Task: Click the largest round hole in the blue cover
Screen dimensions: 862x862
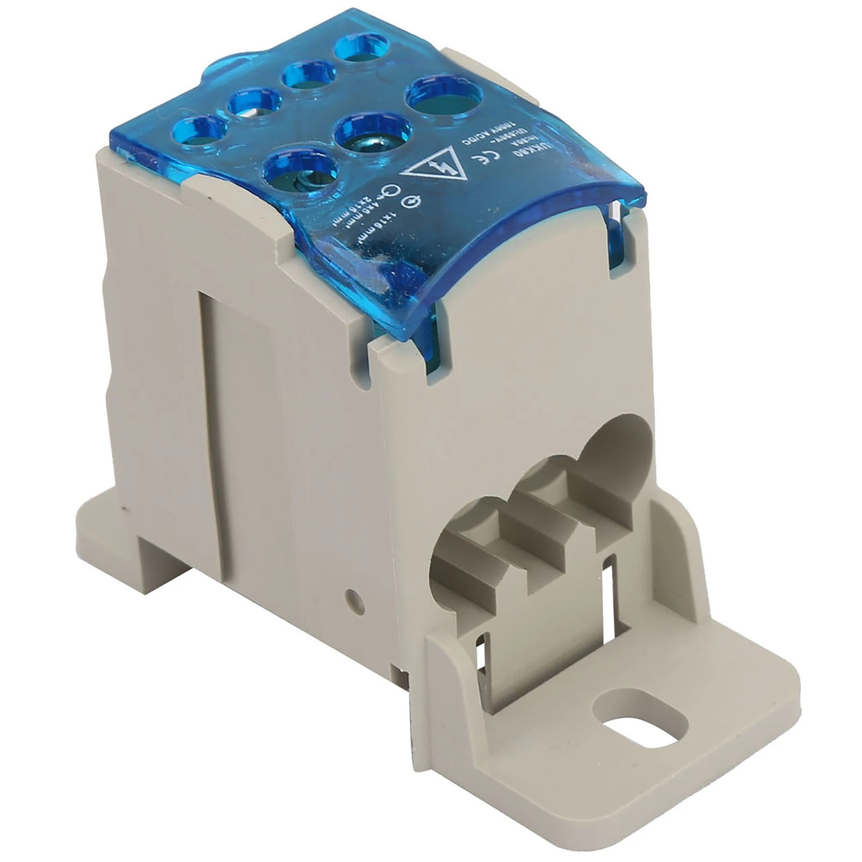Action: pyautogui.click(x=444, y=100)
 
